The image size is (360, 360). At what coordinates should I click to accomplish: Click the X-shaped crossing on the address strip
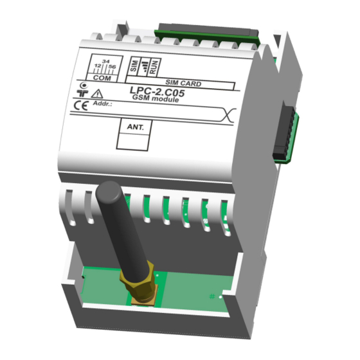pyautogui.click(x=230, y=116)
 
